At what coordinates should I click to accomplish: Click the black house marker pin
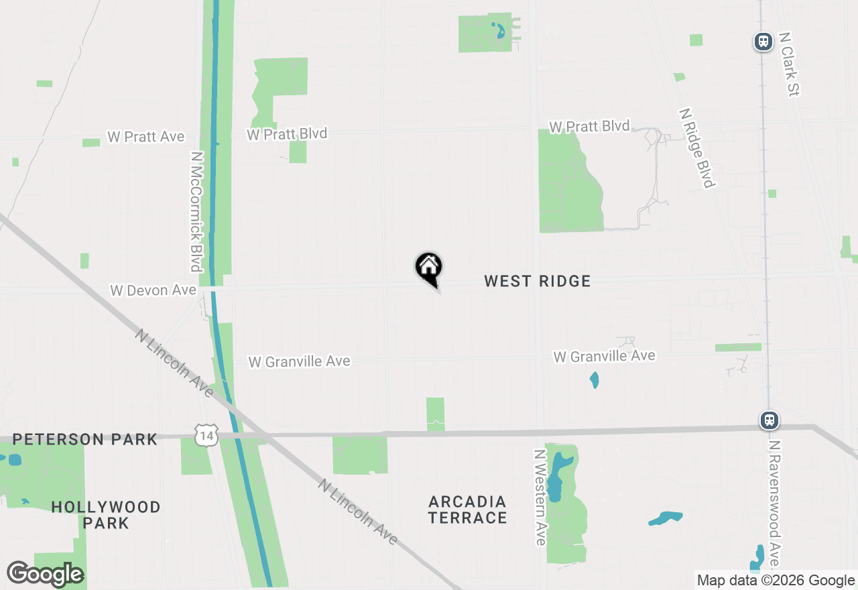[x=429, y=268]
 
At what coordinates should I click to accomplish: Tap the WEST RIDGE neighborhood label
[x=538, y=281]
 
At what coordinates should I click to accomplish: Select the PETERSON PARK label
[x=85, y=440]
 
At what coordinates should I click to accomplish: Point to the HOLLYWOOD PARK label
[x=106, y=515]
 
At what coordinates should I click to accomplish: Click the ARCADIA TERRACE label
[x=468, y=510]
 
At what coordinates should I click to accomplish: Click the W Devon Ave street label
[x=153, y=290]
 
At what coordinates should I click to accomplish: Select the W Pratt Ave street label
[x=145, y=137]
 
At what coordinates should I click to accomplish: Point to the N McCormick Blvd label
[x=196, y=211]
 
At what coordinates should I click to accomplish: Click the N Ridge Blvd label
[x=698, y=148]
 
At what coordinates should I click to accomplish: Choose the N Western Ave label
[x=540, y=497]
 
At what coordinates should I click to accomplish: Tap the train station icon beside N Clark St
[x=763, y=42]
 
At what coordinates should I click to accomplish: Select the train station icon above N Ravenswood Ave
[x=770, y=420]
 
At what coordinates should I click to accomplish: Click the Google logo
[x=45, y=575]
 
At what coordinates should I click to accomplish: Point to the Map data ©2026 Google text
[x=776, y=581]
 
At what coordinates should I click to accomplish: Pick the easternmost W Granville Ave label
[x=604, y=356]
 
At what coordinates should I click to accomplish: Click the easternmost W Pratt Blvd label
[x=589, y=126]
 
